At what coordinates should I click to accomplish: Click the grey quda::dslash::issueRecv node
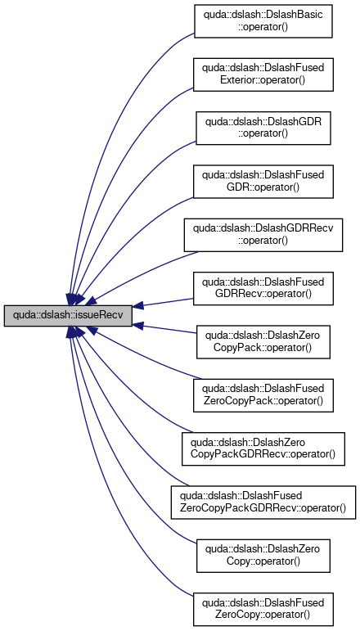click(68, 316)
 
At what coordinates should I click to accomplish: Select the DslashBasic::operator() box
click(263, 21)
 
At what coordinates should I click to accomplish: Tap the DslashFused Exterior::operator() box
click(263, 74)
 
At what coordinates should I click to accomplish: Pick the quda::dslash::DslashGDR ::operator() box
click(263, 128)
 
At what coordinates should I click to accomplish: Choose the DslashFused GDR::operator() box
click(263, 182)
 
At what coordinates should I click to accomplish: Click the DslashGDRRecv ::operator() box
click(263, 235)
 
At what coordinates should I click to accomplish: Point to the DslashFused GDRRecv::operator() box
click(263, 289)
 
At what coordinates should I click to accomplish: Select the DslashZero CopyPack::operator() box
click(263, 342)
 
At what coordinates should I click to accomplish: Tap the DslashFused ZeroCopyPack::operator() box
click(263, 395)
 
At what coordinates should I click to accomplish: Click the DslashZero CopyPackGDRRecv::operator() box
click(263, 448)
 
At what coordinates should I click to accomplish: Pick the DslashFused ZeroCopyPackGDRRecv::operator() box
click(263, 503)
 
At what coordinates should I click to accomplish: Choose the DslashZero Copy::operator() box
click(263, 556)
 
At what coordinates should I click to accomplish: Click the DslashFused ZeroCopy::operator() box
click(263, 609)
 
